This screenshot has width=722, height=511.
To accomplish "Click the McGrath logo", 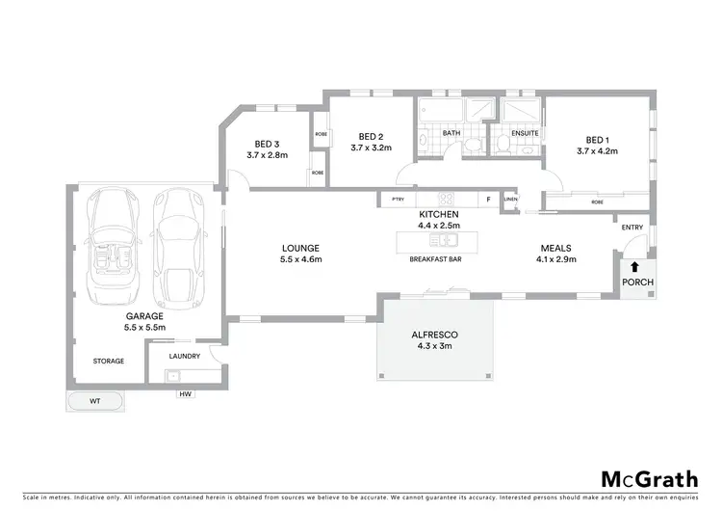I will point(651,479).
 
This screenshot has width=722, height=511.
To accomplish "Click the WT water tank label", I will point(94,400).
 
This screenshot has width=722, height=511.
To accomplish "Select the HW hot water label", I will point(184,394).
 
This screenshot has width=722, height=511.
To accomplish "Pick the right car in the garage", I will point(177,246).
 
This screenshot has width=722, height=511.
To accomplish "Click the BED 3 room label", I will point(267,144).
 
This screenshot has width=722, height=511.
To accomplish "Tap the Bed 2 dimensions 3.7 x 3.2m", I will point(371,148).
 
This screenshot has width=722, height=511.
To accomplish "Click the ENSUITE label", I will point(525,133).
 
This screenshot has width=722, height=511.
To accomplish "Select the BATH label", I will point(451,133).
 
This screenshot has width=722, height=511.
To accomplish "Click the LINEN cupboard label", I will point(510,200).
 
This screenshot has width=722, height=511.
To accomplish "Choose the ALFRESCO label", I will point(435,334).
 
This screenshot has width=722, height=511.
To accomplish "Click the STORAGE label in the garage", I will point(109,361).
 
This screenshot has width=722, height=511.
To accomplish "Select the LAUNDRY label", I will point(184,356).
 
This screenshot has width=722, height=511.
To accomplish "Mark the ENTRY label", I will point(632,228).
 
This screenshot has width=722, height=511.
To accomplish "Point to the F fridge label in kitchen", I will point(488,200).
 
